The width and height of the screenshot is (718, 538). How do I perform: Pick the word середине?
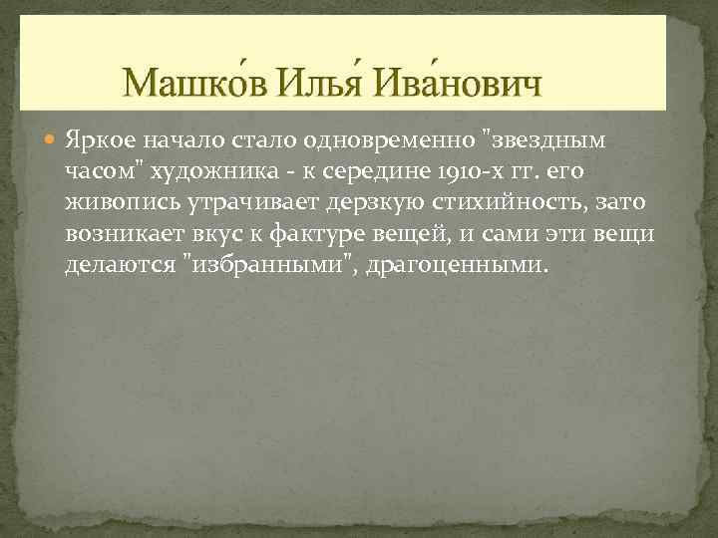[x=384, y=170]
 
